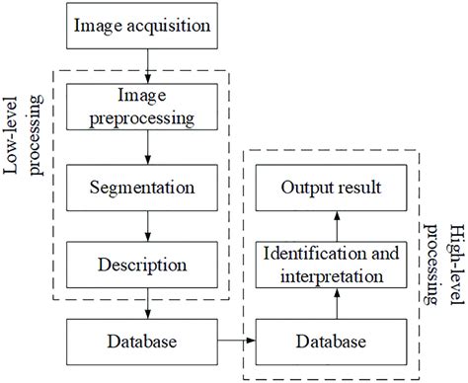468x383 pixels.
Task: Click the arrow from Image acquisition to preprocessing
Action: pyautogui.click(x=147, y=66)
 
